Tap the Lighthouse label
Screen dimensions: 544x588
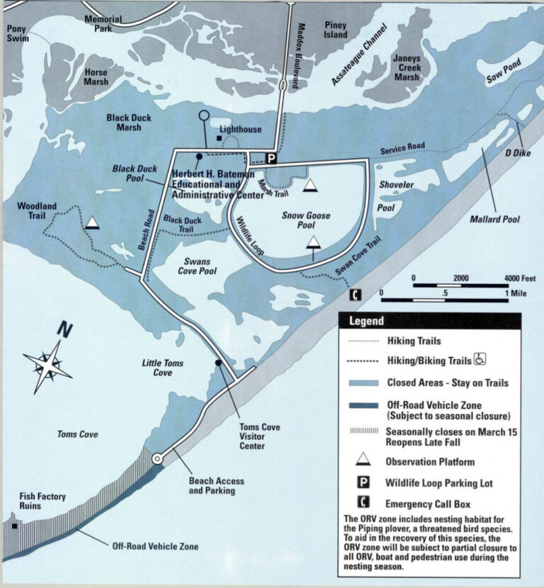240,130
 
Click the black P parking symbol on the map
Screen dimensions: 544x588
270,158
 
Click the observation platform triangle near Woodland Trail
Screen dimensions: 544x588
91,223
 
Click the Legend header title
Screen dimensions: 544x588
366,321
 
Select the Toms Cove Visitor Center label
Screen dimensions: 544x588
259,436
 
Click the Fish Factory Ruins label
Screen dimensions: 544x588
42,502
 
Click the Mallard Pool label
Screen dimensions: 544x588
494,220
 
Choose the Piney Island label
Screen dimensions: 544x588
336,30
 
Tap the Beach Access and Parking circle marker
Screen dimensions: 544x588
157,459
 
